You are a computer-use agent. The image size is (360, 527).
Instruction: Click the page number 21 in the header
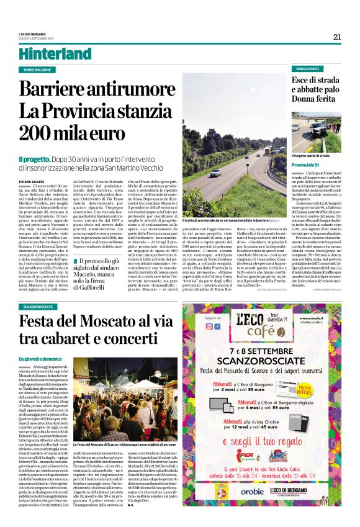tap(337, 37)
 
